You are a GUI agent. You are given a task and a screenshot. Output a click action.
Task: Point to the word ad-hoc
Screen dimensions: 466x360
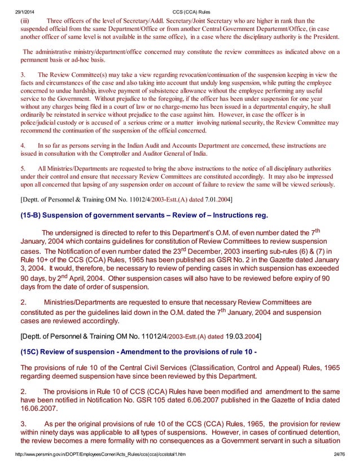[x=90, y=59]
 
